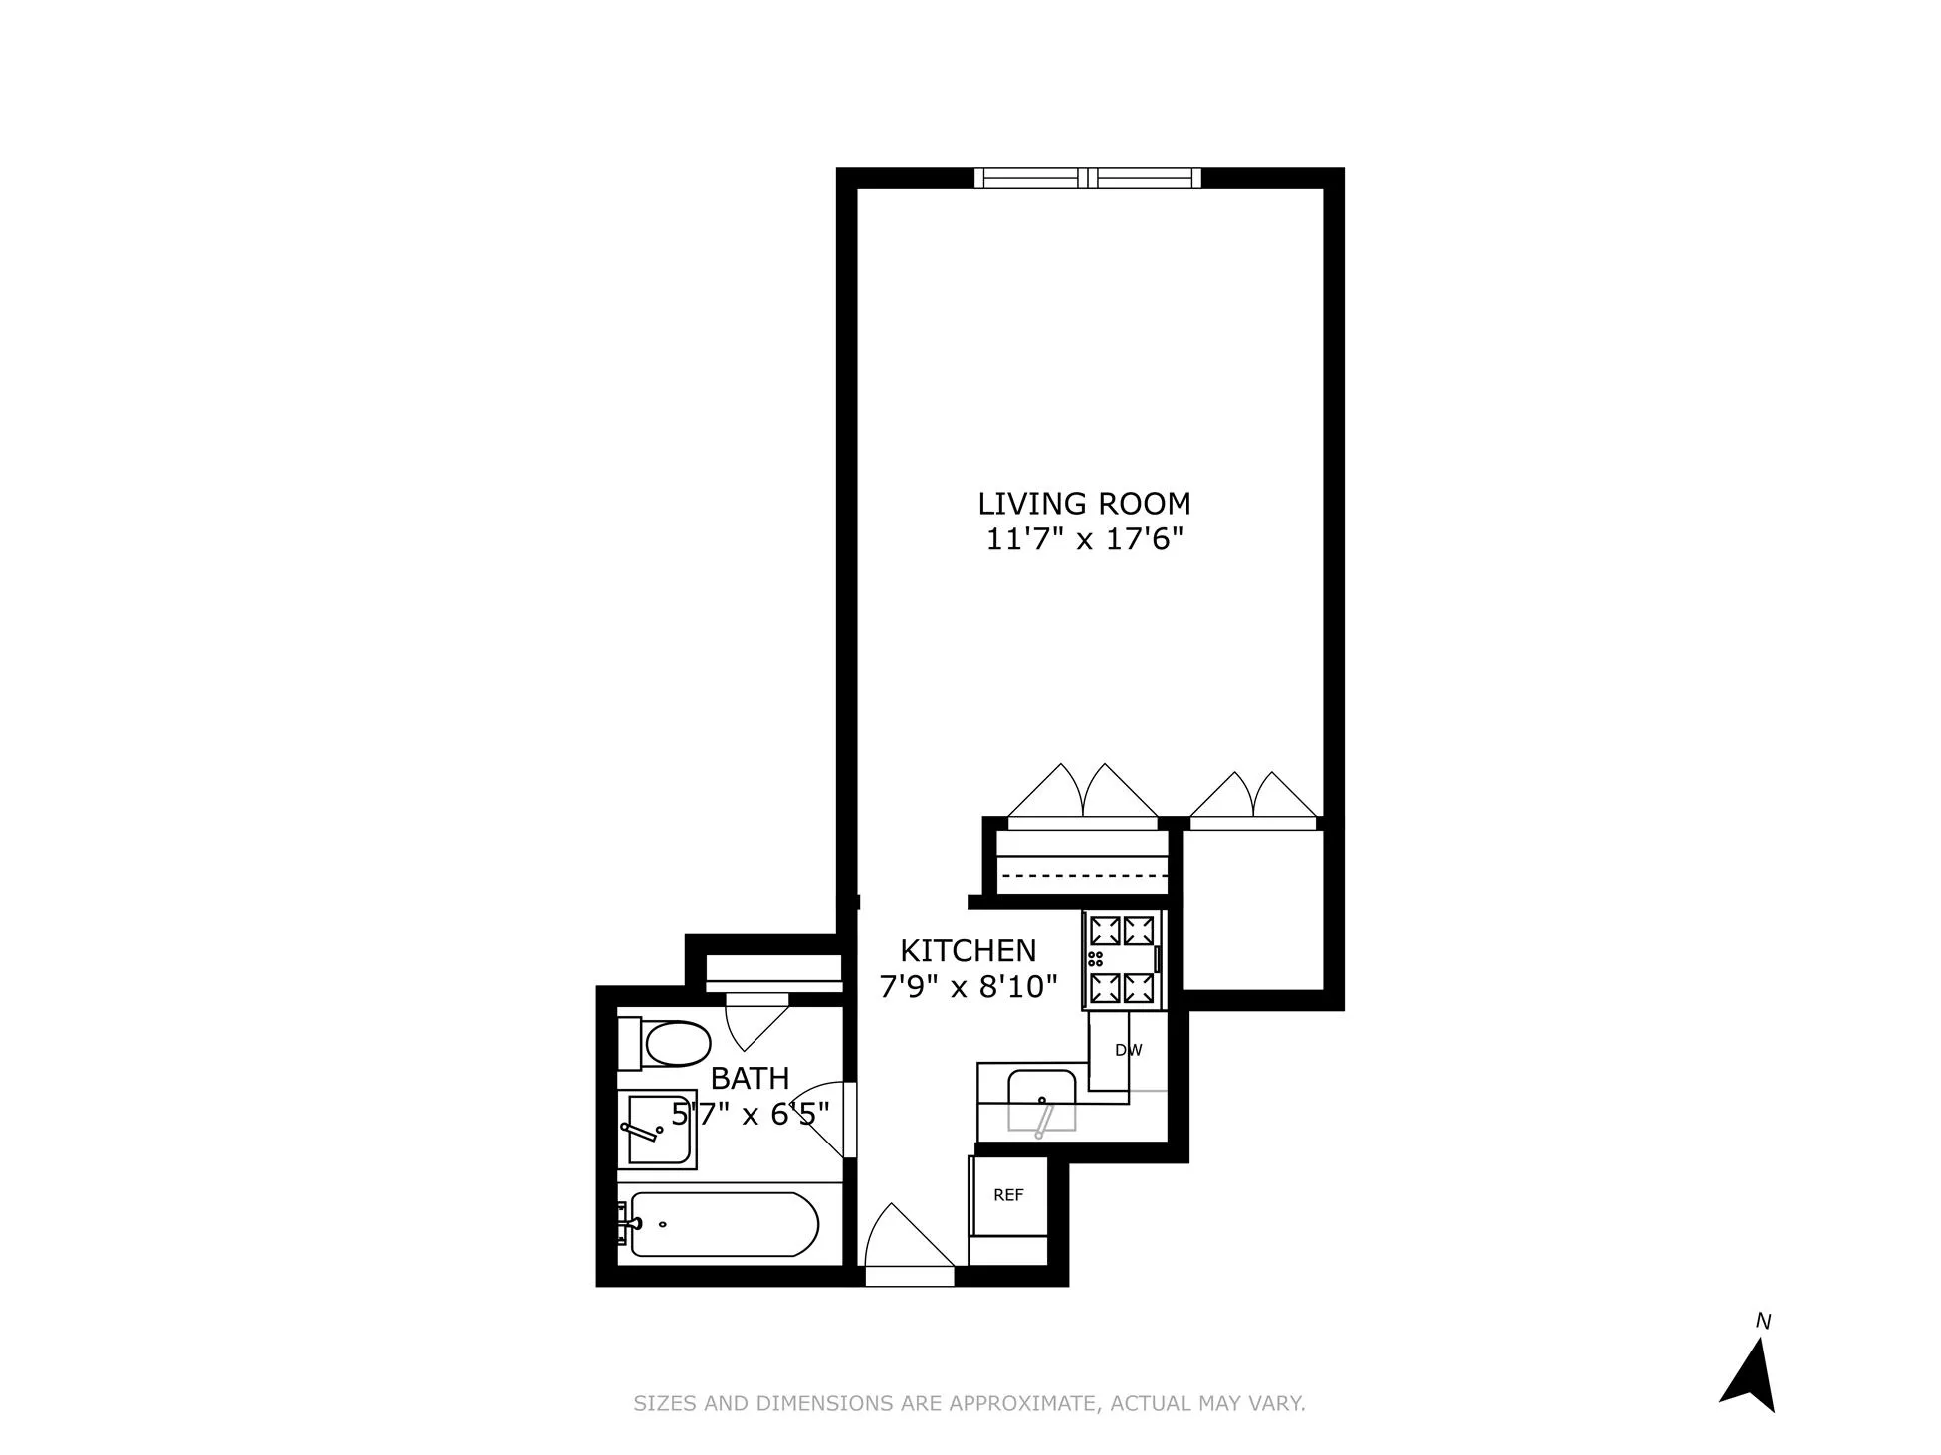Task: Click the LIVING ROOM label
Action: (x=1084, y=504)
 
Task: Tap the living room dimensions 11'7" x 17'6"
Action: (x=1084, y=540)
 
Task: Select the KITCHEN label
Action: (x=968, y=951)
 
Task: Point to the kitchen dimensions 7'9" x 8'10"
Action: (x=968, y=988)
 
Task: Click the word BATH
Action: (x=750, y=1078)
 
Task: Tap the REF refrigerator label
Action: (x=1008, y=1195)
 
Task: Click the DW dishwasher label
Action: (x=1128, y=1050)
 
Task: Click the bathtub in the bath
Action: (x=723, y=1224)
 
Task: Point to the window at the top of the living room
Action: (x=1087, y=178)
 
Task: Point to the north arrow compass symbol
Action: (x=1753, y=1377)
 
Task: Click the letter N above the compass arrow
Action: (x=1763, y=1322)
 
